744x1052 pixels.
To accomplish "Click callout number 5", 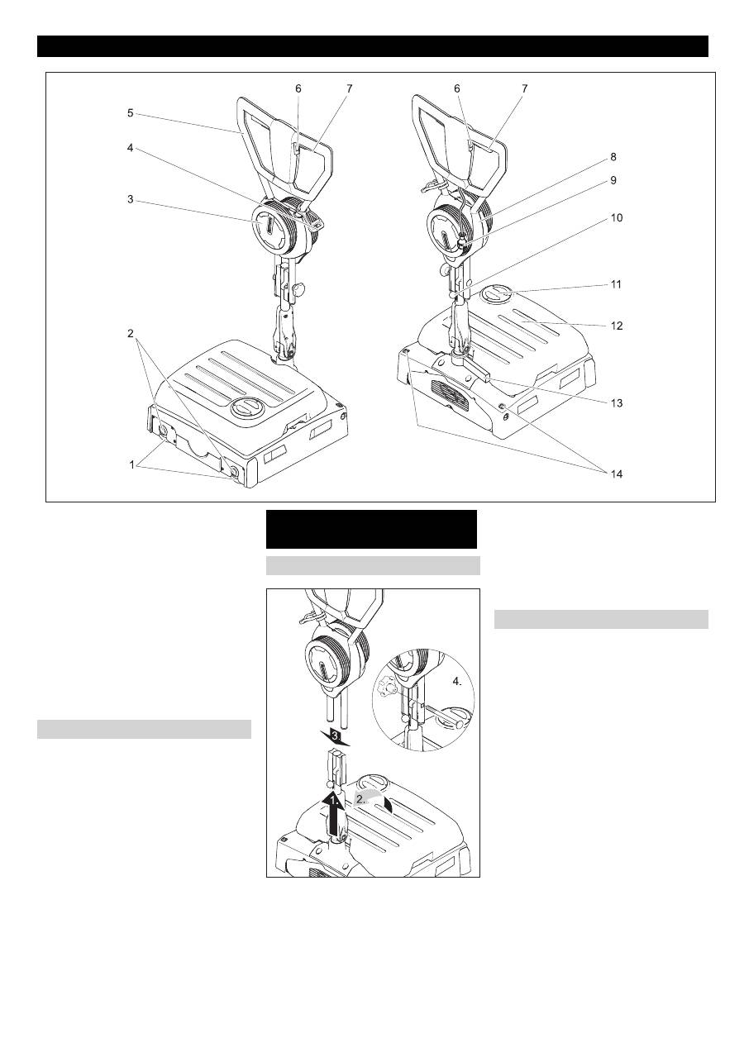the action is pyautogui.click(x=130, y=113).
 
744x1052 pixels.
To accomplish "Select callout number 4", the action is pyautogui.click(x=130, y=148).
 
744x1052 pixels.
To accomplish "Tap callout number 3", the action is pyautogui.click(x=130, y=199).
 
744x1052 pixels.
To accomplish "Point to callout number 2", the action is pyautogui.click(x=130, y=333).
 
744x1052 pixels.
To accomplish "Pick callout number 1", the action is pyautogui.click(x=132, y=465).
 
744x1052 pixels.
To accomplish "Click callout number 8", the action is pyautogui.click(x=613, y=157).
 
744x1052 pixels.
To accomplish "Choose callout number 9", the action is pyautogui.click(x=613, y=180).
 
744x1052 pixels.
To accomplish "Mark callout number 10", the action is pyautogui.click(x=616, y=218).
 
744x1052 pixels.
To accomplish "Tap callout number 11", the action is pyautogui.click(x=616, y=284).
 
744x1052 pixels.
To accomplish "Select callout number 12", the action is pyautogui.click(x=616, y=326).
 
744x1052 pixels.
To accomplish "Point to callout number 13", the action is pyautogui.click(x=616, y=403).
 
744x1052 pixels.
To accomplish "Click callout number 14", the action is pyautogui.click(x=616, y=474).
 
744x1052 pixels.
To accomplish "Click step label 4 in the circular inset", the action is pyautogui.click(x=457, y=683).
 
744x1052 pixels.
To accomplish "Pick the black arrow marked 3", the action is pyautogui.click(x=335, y=737).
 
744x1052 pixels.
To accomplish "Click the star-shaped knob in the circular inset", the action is pyautogui.click(x=385, y=687).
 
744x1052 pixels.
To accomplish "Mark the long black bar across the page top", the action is pyautogui.click(x=373, y=46).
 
